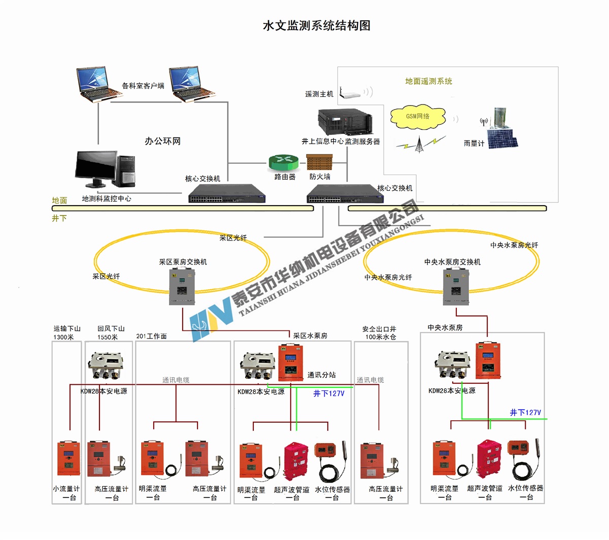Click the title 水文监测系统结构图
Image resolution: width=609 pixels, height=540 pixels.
316,25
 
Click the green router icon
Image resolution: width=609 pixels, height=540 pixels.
282,162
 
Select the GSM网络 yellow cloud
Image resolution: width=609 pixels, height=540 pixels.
418,117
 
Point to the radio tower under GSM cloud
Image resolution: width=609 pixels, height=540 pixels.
419,144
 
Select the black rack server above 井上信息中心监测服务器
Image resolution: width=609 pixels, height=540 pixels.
345,122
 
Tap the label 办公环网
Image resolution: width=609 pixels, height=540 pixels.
162,141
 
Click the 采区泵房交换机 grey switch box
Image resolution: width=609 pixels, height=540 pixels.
182,287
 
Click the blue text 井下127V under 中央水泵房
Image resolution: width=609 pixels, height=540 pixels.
525,413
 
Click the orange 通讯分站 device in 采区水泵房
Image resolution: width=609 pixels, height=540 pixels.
290,362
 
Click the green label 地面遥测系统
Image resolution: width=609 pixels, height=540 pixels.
428,81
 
